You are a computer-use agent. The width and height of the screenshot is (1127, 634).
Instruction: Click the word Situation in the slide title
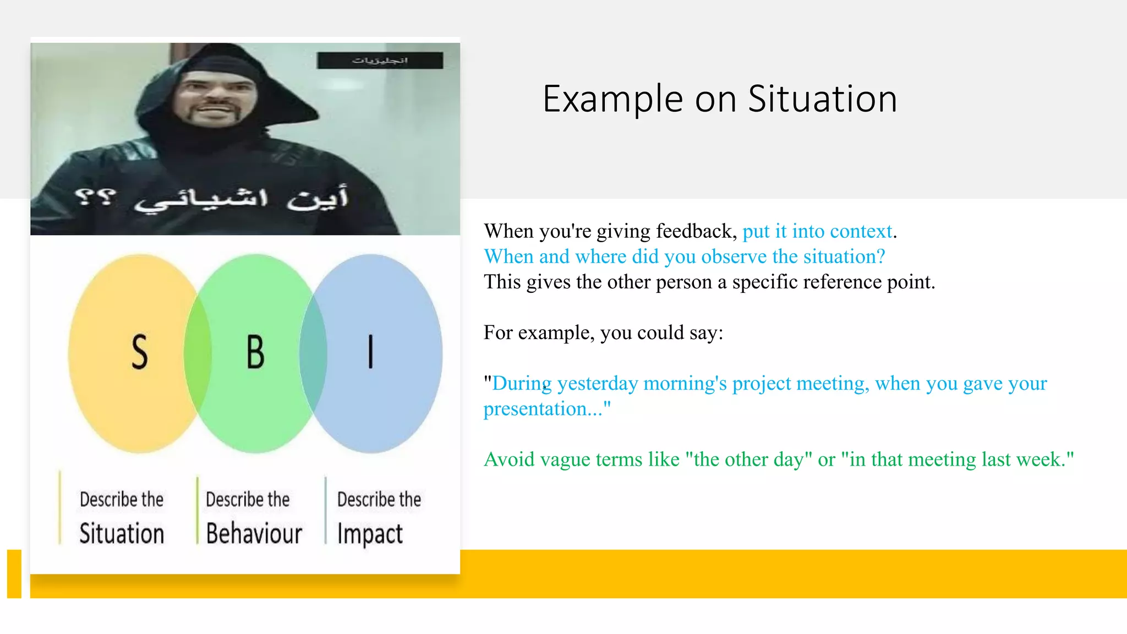[x=822, y=99]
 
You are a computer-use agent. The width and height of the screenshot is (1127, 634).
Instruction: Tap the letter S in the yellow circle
[x=140, y=352]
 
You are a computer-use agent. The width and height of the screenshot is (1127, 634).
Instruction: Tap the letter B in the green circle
[x=255, y=352]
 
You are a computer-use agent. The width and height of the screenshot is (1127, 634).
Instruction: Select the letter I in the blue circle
[x=370, y=352]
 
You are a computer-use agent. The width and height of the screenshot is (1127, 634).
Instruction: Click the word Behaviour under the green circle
[x=254, y=533]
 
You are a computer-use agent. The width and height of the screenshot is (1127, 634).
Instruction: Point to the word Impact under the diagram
[x=370, y=534]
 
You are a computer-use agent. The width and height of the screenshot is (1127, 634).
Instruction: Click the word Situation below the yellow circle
[x=122, y=533]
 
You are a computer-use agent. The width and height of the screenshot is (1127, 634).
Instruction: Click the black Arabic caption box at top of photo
[x=380, y=60]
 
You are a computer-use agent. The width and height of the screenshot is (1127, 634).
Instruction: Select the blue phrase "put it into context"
[x=817, y=231]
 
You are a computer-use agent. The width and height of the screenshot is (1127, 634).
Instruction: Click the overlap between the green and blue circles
[x=313, y=352]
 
